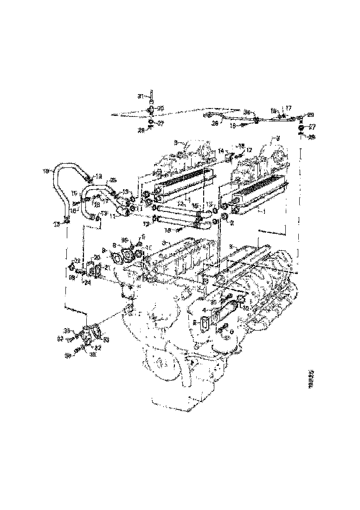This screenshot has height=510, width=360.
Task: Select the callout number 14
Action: coord(221,151)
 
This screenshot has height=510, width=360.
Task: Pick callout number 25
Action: coord(114,180)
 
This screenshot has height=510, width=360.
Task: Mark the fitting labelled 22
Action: coord(72,268)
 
